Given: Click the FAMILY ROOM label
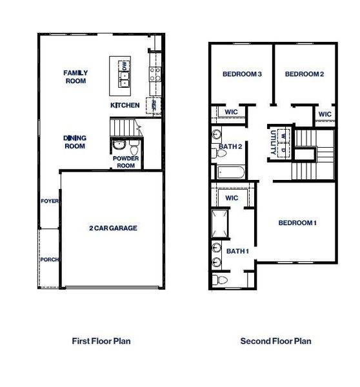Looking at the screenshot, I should point(75,77).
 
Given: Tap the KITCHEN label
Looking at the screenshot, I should point(125,105).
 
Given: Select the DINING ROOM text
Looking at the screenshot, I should point(75,142).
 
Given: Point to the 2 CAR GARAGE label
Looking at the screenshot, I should point(113,228).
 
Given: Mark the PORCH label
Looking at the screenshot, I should point(50,260).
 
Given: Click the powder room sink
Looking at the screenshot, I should point(117,145).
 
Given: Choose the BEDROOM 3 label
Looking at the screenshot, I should point(241,74).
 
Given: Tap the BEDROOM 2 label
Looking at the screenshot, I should point(304,74).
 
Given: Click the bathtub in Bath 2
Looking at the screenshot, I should point(230,172).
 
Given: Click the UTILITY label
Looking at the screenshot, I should point(274,141).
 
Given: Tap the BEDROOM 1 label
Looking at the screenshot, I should point(297,223).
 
